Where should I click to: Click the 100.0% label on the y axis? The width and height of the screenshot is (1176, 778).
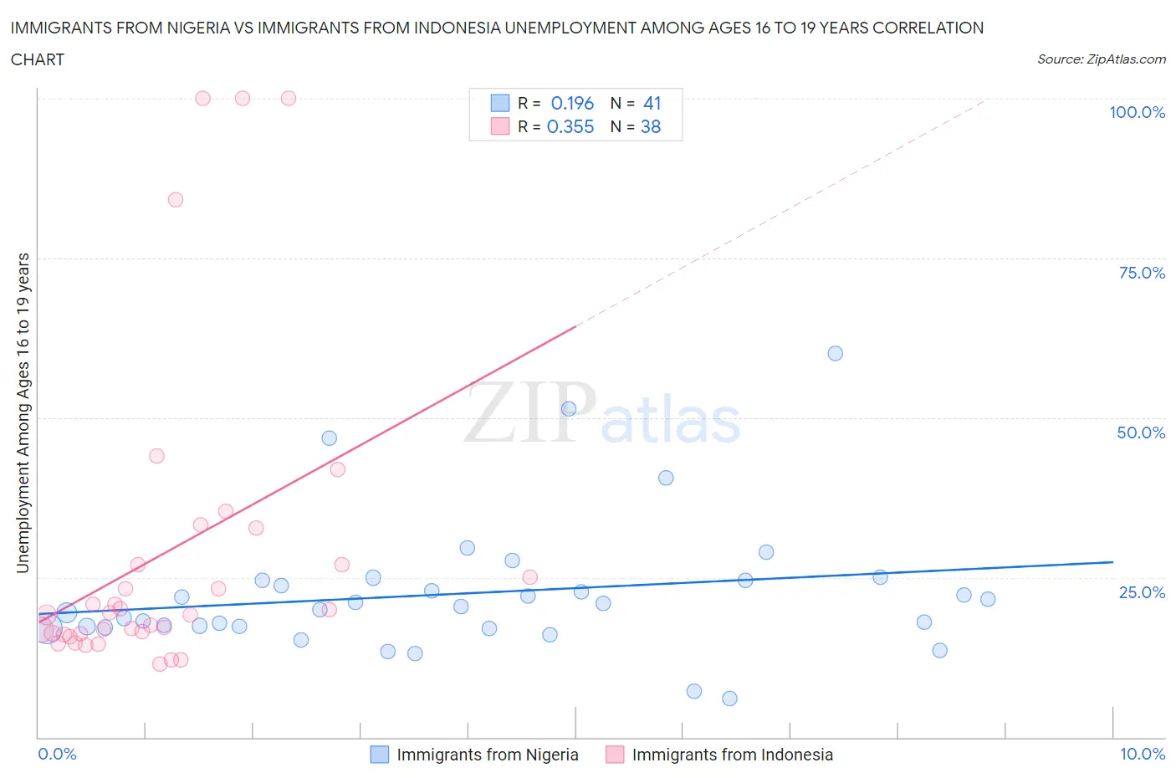tap(1137, 112)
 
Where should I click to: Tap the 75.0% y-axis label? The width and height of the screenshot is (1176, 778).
tap(1141, 273)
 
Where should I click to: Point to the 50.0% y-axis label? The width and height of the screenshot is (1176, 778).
tap(1141, 433)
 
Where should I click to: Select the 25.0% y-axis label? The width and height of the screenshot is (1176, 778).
tap(1141, 592)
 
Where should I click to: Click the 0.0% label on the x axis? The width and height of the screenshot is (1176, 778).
tap(57, 754)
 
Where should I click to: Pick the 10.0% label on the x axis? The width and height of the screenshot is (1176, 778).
tap(1142, 754)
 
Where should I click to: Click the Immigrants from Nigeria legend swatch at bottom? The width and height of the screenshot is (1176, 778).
tap(380, 755)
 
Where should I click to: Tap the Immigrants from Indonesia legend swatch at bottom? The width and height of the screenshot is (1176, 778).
tap(615, 755)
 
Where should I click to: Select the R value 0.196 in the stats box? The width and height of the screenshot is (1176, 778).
tap(572, 103)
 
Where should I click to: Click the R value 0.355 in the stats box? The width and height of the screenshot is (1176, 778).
tap(570, 126)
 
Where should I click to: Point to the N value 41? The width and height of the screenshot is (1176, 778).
tap(652, 103)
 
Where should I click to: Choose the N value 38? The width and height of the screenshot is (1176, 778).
tap(651, 126)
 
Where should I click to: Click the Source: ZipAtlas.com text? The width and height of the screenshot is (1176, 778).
tap(1101, 59)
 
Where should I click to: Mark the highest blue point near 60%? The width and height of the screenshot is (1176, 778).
tap(835, 353)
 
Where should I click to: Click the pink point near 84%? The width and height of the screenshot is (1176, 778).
tap(176, 199)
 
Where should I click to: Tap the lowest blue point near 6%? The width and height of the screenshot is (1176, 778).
tap(729, 699)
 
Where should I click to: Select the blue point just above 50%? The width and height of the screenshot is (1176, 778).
tap(569, 408)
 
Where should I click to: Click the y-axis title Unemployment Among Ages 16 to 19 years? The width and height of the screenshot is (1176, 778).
tap(23, 412)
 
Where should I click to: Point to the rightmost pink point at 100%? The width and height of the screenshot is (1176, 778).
tap(289, 98)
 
